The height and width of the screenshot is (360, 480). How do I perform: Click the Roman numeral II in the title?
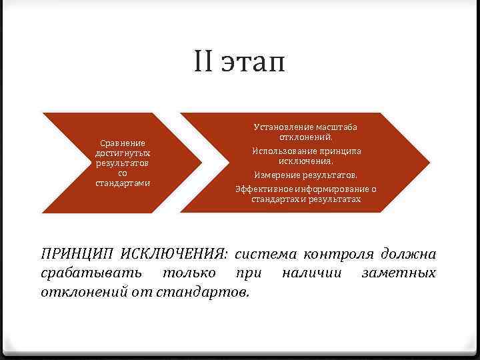(x=204, y=64)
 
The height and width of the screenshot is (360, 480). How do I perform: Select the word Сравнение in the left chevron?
(x=123, y=143)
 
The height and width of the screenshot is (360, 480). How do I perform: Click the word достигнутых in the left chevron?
(x=123, y=153)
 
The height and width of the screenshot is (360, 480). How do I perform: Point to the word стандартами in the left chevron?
(x=123, y=183)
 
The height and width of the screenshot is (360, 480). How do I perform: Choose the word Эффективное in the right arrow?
(x=261, y=189)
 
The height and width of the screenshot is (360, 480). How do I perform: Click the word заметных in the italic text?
(x=398, y=273)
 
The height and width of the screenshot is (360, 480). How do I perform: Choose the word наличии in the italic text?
(x=311, y=273)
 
